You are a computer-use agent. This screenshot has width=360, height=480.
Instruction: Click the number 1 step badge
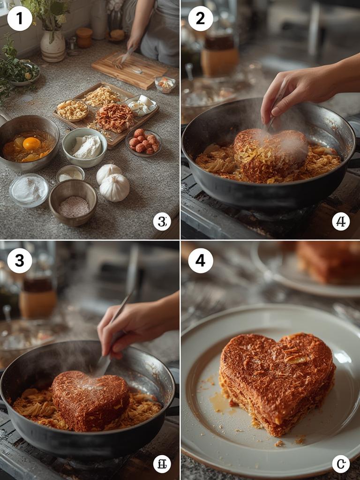point(20,19)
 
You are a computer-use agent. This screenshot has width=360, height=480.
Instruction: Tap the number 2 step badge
point(200,19)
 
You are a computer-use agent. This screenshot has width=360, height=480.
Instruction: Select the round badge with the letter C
point(341,464)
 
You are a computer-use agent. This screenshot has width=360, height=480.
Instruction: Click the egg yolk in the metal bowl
point(31,143)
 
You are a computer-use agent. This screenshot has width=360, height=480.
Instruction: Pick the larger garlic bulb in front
point(114,187)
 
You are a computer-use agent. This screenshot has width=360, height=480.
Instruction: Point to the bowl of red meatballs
point(143,142)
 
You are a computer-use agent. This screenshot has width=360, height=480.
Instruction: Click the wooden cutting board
point(129,69)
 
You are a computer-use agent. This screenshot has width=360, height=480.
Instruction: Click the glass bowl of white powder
point(29,190)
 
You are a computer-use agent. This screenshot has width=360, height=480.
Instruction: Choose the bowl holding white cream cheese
point(85,147)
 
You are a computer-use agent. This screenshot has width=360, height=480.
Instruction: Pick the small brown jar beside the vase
point(84,37)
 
